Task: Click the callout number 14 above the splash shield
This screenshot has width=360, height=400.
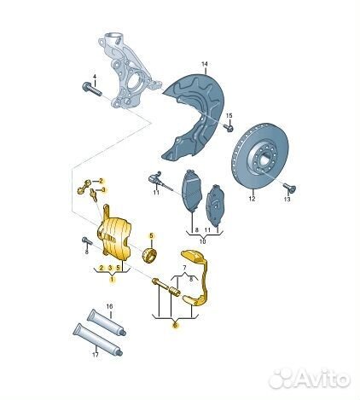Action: tap(205, 64)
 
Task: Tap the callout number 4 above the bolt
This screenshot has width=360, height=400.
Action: tap(95, 77)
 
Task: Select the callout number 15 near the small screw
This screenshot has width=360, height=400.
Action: tap(229, 116)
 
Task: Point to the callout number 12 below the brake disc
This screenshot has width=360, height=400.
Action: tap(253, 199)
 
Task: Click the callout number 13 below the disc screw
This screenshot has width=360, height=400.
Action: tap(287, 200)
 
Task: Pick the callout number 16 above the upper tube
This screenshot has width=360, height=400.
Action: tap(109, 306)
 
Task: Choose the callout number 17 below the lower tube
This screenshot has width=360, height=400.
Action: tap(96, 355)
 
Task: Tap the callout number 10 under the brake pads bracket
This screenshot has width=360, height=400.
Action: tap(202, 241)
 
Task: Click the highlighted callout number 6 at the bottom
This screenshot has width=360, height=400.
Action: tap(176, 324)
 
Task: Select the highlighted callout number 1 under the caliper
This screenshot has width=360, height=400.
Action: tap(112, 280)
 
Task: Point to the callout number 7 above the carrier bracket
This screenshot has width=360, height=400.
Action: tap(184, 268)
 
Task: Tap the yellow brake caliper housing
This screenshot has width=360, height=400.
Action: tap(115, 236)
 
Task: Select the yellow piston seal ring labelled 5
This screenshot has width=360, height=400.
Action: tap(149, 255)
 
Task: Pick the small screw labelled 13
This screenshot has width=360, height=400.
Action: tap(290, 188)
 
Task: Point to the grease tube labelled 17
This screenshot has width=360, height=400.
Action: tap(98, 339)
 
